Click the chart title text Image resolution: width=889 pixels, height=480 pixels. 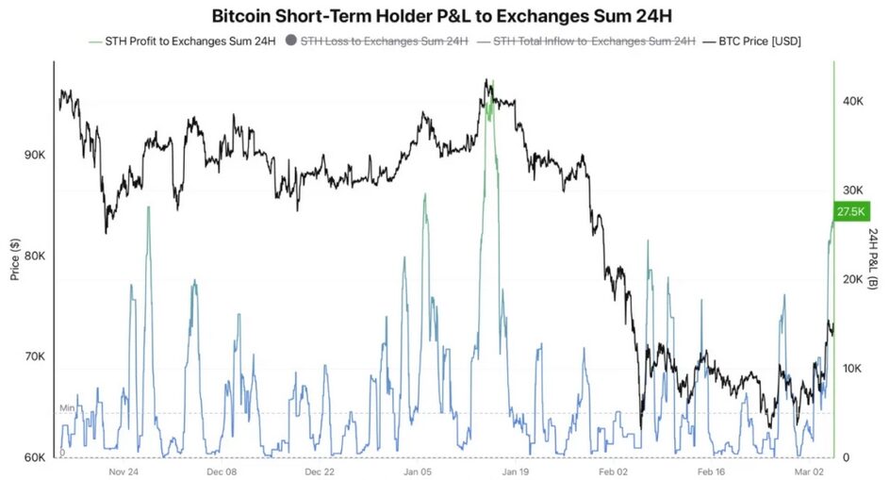[x=444, y=15]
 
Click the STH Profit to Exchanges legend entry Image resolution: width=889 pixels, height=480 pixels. [x=178, y=41]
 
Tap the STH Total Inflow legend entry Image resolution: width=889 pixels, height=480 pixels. [x=585, y=41]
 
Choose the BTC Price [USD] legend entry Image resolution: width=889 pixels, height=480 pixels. [x=759, y=41]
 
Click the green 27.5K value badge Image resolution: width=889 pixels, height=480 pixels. [x=851, y=212]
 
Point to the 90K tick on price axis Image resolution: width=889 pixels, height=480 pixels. [x=33, y=155]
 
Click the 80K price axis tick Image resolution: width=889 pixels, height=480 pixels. [x=33, y=257]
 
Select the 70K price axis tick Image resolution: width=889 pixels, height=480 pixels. [x=33, y=357]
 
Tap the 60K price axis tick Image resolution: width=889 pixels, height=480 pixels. [x=33, y=458]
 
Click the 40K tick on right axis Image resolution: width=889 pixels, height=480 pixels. [x=854, y=101]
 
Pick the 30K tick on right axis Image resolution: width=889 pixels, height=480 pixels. [x=854, y=190]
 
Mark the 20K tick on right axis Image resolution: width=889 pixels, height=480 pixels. [x=854, y=280]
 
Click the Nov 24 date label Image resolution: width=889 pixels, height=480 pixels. [x=124, y=472]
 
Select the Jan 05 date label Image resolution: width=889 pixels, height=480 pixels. [x=418, y=472]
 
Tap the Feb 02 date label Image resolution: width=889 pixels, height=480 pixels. [x=616, y=472]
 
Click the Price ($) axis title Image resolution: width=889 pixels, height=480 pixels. [x=14, y=257]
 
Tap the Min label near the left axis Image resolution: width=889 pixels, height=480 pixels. [x=66, y=407]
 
